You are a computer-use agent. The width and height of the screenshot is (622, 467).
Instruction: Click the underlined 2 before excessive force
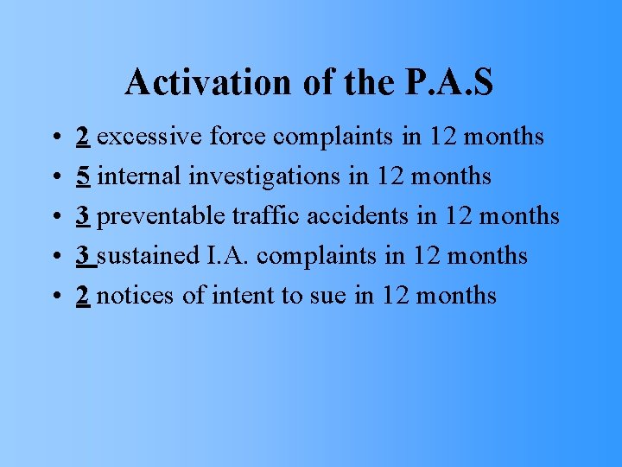point(84,137)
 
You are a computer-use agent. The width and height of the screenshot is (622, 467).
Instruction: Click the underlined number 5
point(84,176)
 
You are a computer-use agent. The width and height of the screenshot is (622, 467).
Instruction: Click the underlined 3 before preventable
point(84,216)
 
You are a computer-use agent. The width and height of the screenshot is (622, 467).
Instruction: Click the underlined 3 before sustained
point(84,256)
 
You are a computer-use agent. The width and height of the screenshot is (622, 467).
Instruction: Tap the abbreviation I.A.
point(226,256)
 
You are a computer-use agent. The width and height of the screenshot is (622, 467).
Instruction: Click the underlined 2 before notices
point(84,296)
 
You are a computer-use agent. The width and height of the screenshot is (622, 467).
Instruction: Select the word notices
point(136,296)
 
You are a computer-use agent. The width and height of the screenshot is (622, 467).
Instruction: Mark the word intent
point(242,296)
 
